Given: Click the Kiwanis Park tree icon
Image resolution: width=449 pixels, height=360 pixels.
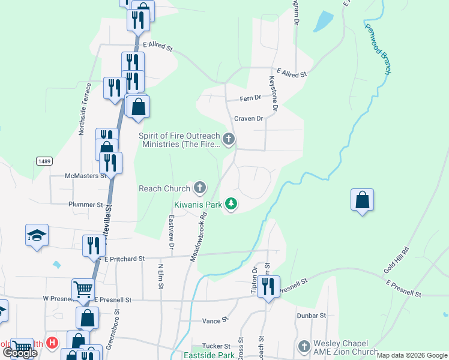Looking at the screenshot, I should [x=231, y=205].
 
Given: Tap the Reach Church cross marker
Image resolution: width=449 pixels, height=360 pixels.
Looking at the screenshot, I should [x=199, y=188].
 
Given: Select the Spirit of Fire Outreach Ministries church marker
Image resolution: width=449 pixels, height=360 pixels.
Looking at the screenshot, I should [x=228, y=140].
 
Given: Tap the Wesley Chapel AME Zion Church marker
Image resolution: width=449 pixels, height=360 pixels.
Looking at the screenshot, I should [x=304, y=347].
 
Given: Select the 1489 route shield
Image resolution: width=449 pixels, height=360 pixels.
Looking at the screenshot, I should [x=43, y=161].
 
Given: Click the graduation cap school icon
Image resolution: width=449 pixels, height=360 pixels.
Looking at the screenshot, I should [x=37, y=235].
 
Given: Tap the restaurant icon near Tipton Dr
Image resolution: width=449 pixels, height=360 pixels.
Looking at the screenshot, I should [x=268, y=286].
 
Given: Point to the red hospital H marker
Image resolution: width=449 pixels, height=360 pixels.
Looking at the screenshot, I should [x=52, y=343].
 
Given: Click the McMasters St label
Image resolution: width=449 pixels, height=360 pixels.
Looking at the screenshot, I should [x=85, y=176].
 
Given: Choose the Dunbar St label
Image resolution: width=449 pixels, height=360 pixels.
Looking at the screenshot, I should [x=310, y=315].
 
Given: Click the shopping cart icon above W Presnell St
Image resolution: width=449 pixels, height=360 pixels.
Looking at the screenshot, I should [x=83, y=289].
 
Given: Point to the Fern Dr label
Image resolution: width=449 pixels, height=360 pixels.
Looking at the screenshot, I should [x=250, y=98].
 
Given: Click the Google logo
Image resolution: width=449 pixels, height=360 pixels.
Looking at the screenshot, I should [x=19, y=353].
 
